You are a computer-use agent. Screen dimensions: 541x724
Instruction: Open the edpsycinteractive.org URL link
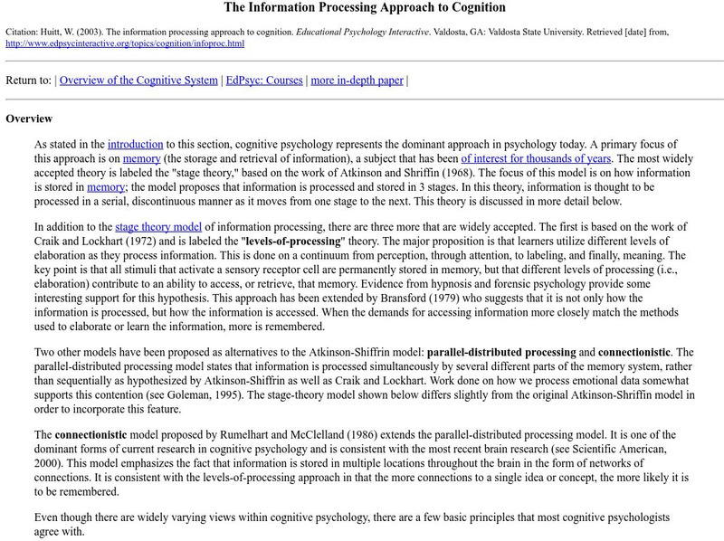tap(125, 43)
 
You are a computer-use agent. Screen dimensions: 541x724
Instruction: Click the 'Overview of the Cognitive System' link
tap(139, 80)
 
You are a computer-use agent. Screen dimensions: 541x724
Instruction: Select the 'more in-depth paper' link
tap(357, 80)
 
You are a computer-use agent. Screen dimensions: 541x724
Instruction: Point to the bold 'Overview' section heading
tap(29, 119)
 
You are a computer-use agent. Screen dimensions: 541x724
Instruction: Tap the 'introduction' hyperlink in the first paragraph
tap(135, 144)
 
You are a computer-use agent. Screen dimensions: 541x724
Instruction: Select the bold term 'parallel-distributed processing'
tap(500, 351)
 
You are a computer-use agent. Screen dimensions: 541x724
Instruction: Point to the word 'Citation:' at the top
tap(26, 32)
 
